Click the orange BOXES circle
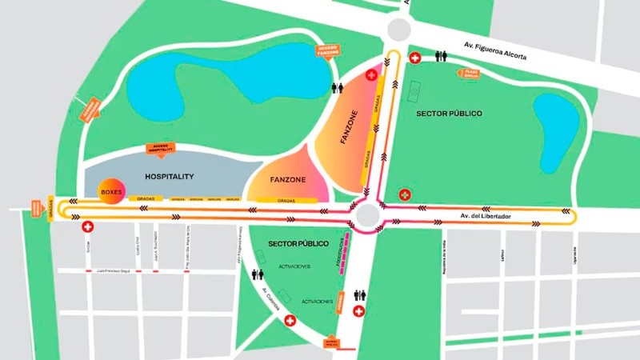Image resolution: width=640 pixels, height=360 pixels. tap(110, 192)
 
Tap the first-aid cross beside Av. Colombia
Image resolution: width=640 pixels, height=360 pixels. tap(290, 321)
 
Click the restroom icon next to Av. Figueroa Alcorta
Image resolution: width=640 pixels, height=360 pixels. tap(440, 57)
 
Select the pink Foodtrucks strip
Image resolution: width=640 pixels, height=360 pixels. tap(342, 254)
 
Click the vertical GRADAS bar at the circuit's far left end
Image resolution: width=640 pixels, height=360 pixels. tap(51, 210)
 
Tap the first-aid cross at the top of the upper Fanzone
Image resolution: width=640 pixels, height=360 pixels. tap(371, 74)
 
